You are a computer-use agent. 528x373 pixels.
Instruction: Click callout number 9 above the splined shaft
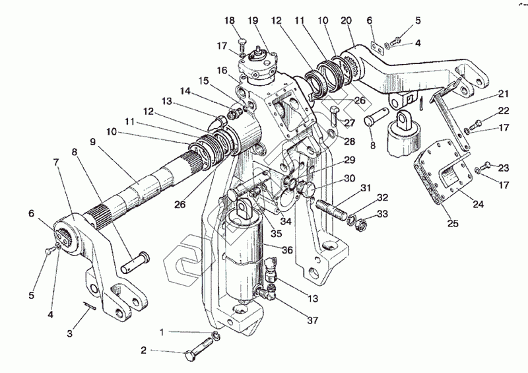click(x=93, y=141)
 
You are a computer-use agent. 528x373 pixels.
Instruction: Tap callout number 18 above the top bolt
click(x=230, y=21)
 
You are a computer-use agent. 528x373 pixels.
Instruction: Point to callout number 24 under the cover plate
click(x=478, y=205)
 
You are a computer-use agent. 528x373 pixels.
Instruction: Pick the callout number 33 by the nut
click(x=382, y=215)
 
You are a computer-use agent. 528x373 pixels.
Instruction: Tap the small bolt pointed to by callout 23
click(x=485, y=164)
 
